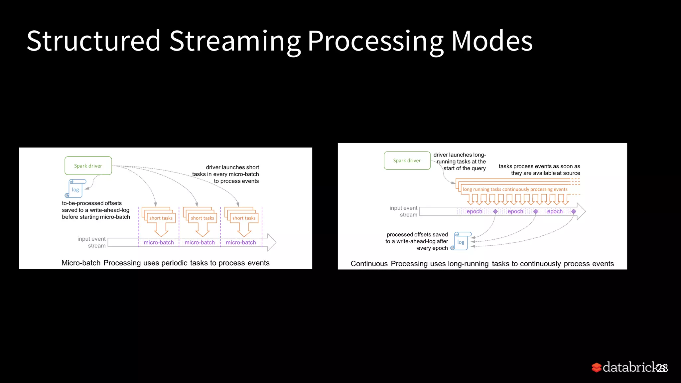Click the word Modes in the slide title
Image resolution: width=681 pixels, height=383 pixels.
(x=491, y=41)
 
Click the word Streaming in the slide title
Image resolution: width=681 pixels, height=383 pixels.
(x=234, y=41)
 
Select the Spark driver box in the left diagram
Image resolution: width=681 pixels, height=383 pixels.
(x=88, y=166)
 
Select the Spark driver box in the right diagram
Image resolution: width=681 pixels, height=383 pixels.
(x=407, y=161)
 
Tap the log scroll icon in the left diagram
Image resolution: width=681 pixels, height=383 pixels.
(x=76, y=189)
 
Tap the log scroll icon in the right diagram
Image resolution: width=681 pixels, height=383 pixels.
(x=461, y=241)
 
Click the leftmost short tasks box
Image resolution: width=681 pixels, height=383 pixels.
(x=161, y=218)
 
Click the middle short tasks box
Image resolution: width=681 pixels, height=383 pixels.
(x=203, y=218)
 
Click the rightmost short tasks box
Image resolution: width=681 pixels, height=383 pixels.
(x=244, y=218)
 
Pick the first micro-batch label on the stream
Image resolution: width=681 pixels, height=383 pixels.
(x=159, y=242)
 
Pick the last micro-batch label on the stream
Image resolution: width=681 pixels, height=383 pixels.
(x=241, y=242)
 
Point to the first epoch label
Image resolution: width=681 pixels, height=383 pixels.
(x=474, y=211)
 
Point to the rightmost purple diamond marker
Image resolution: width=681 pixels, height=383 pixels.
(x=574, y=211)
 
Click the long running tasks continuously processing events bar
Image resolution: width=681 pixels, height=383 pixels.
(x=515, y=189)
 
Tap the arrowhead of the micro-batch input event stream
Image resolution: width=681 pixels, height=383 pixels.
(x=272, y=242)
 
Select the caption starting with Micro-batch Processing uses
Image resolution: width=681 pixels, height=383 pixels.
(x=165, y=263)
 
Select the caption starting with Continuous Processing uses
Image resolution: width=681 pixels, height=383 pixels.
(x=482, y=264)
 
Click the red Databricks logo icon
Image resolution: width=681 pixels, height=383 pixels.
(x=597, y=367)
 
